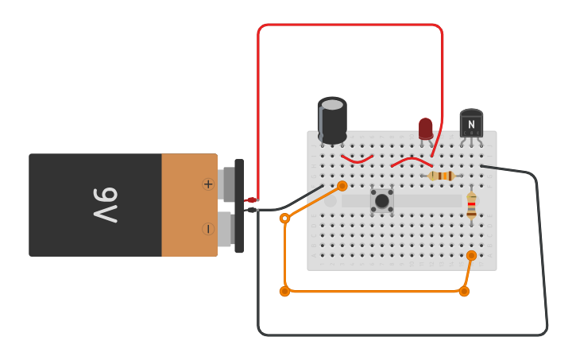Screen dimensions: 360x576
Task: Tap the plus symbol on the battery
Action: point(208,184)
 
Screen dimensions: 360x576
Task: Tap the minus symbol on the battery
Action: point(208,229)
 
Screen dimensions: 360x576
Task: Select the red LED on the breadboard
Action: point(426,128)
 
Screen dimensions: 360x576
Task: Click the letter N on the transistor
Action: point(471,124)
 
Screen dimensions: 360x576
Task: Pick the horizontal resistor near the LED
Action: point(441,176)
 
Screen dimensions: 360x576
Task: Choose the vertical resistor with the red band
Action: point(471,205)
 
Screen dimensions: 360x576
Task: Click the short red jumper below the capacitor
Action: point(357,160)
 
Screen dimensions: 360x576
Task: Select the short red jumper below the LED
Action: point(411,161)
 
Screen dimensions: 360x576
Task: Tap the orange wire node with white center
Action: point(284,218)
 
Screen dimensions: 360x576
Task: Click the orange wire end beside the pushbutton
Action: point(342,186)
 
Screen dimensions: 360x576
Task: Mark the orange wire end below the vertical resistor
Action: point(471,255)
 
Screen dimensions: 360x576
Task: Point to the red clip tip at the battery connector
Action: point(251,199)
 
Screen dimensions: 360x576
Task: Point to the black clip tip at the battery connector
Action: point(251,210)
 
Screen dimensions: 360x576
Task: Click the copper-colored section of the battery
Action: point(189,205)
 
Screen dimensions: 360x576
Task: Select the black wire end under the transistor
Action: point(482,166)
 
